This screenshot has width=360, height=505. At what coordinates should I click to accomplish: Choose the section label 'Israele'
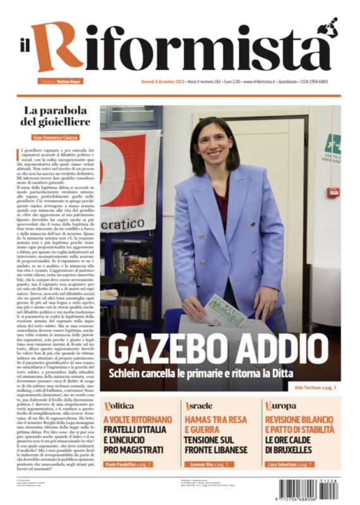[x=200, y=405]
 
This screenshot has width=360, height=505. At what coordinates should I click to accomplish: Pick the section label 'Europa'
[x=281, y=405]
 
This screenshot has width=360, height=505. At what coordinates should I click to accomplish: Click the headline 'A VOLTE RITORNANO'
[x=137, y=419]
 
